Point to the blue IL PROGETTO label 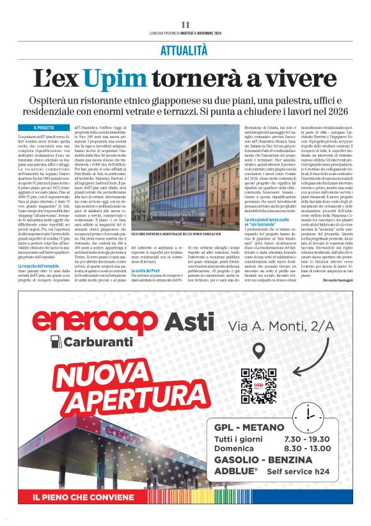[x=45, y=128]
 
